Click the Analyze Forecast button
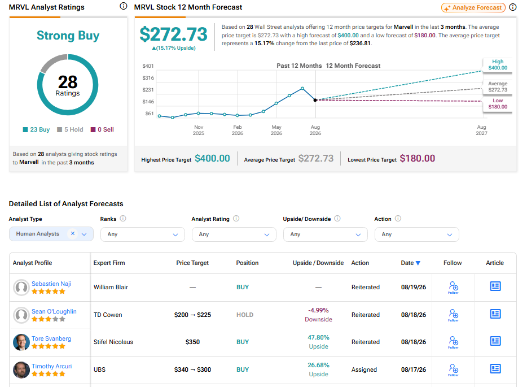point(473,7)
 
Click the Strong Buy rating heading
point(68,36)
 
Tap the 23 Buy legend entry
point(36,129)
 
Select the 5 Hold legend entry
point(70,129)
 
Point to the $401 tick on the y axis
point(148,66)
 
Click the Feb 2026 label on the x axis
point(238,130)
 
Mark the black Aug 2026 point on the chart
point(315,100)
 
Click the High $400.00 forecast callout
point(498,64)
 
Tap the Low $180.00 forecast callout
point(498,103)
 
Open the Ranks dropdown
point(143,234)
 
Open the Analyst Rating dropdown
point(234,234)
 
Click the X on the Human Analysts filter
point(73,233)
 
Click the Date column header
point(410,263)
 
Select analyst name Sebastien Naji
point(51,284)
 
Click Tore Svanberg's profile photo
point(21,342)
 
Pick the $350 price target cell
point(192,342)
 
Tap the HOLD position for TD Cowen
point(245,315)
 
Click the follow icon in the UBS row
point(454,369)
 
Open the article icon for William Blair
point(495,286)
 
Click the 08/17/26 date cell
point(414,369)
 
